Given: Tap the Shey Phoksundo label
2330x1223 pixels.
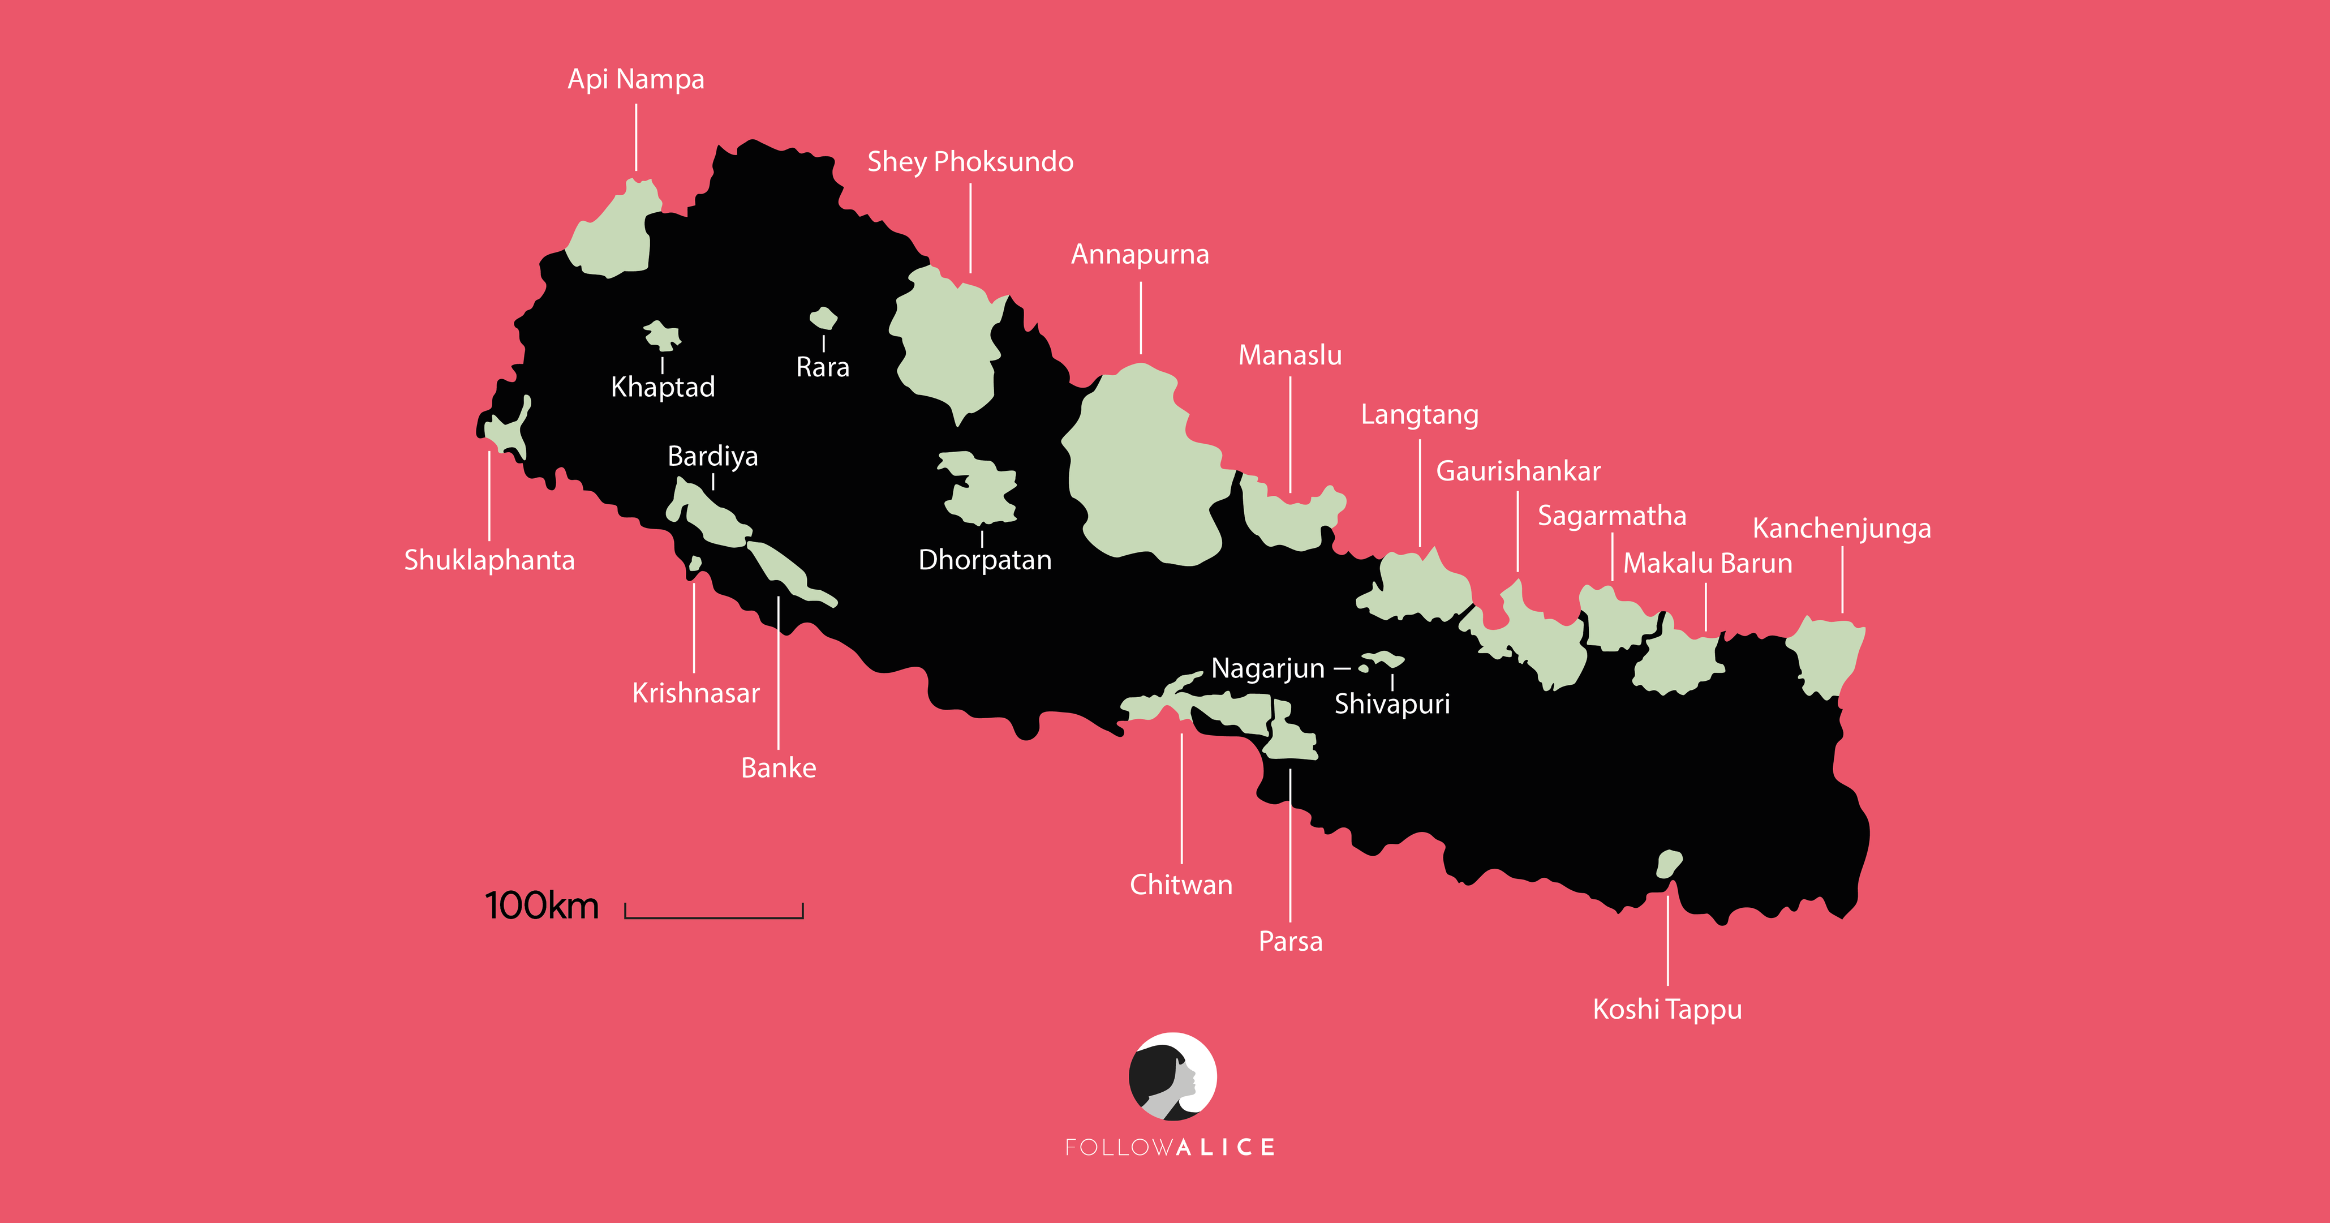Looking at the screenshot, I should coord(970,162).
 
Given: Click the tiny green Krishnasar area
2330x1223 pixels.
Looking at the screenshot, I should coord(695,564).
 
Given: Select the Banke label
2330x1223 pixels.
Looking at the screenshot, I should coord(778,768).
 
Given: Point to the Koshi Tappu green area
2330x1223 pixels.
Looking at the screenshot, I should coord(1668,864).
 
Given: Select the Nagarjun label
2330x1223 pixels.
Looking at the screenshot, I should coord(1267,668).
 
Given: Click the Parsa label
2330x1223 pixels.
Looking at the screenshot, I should coord(1290,942).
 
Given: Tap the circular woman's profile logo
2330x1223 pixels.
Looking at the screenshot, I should coord(1172,1076).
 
